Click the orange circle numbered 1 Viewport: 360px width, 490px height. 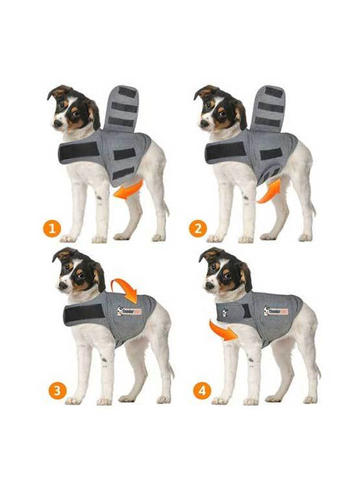(52, 229)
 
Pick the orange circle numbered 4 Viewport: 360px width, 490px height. (202, 390)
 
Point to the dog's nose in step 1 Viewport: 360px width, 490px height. (59, 124)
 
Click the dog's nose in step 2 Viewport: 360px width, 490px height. (205, 124)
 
